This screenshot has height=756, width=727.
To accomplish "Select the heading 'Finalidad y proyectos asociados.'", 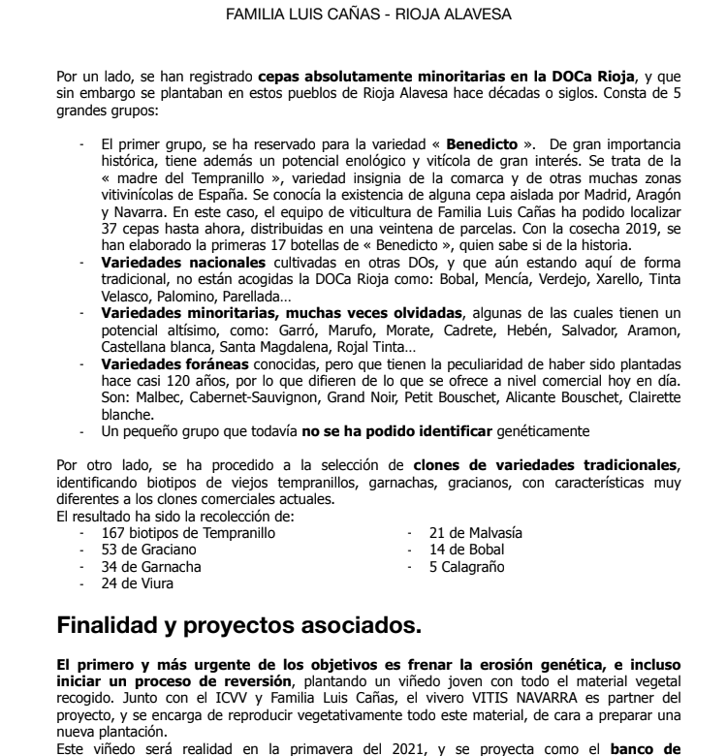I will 239,626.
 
